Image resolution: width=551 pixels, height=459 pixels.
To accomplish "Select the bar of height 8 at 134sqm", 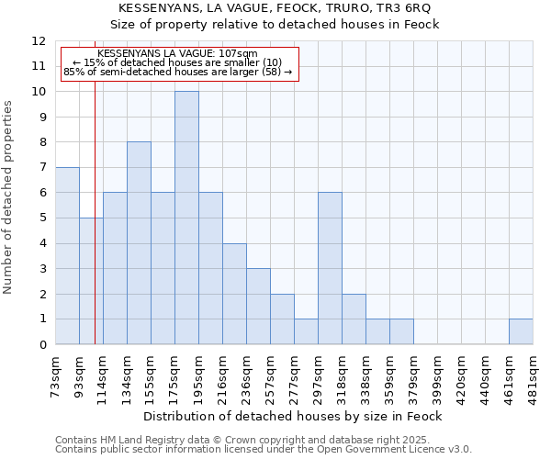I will tap(139, 243).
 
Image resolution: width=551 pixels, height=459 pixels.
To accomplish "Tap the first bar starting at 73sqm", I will tap(67, 256).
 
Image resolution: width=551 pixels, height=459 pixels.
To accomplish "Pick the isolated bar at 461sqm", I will tap(521, 331).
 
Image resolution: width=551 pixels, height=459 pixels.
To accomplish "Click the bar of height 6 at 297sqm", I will tap(330, 268).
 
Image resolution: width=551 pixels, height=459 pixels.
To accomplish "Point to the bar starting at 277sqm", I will tap(306, 331).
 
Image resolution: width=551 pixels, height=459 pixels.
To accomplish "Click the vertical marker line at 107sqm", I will tap(95, 229).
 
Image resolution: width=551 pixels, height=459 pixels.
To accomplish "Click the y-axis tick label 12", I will tap(39, 41).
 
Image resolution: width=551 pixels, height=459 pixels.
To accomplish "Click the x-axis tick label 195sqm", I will tap(198, 375).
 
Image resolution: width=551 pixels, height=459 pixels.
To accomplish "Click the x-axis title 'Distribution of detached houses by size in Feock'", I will tap(293, 416).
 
